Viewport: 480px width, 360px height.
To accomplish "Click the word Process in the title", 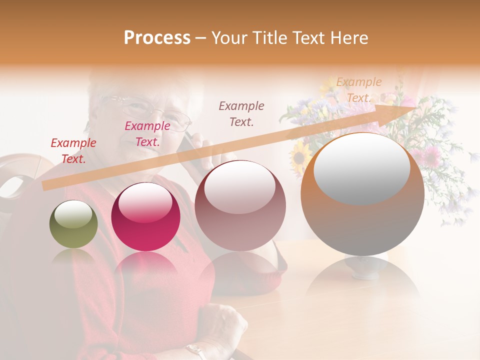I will [x=157, y=37].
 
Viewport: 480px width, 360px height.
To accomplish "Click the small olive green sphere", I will [x=73, y=224].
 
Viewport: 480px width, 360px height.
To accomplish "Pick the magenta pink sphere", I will [x=145, y=216].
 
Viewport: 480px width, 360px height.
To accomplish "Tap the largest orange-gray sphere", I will [x=362, y=194].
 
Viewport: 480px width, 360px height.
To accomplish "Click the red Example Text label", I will [x=73, y=151].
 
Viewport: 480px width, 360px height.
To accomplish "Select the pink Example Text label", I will [x=147, y=134].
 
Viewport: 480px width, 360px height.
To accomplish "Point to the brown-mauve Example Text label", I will [x=241, y=113].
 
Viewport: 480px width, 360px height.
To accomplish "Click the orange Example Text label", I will [x=359, y=90].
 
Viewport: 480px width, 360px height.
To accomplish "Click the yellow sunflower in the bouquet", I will [x=301, y=155].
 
